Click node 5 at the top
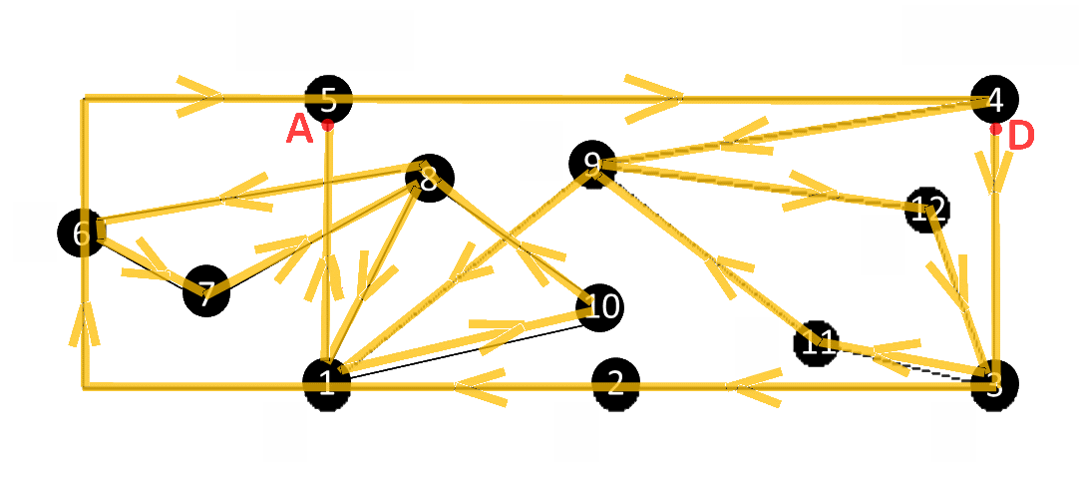click(328, 100)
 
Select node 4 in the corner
click(994, 100)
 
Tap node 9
click(592, 164)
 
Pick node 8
click(429, 180)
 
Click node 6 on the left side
click(82, 234)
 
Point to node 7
click(206, 294)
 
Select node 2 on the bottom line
click(615, 383)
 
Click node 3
click(993, 385)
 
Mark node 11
click(818, 344)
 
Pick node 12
click(927, 210)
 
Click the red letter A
click(299, 130)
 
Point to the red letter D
click(1021, 136)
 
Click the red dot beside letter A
click(327, 126)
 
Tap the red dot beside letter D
click(995, 129)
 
